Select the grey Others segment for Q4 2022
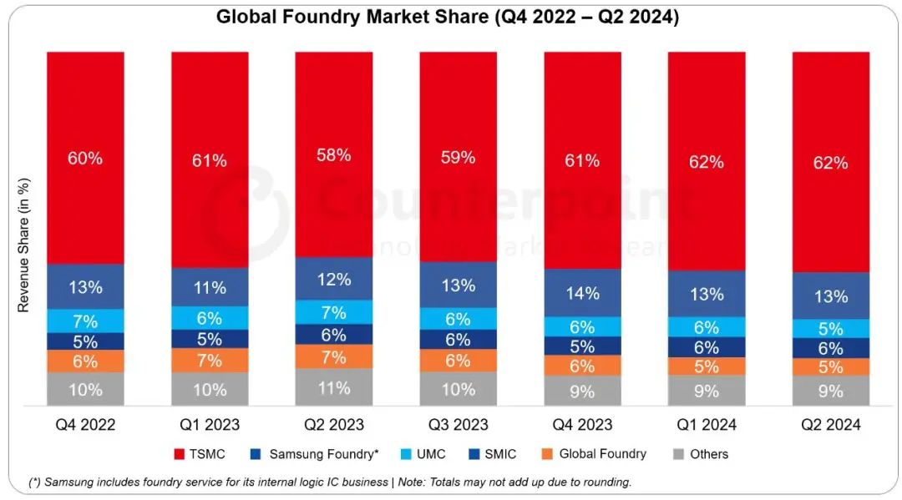pyautogui.click(x=85, y=389)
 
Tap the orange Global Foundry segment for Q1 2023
pyautogui.click(x=210, y=361)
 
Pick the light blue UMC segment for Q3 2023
pyautogui.click(x=459, y=319)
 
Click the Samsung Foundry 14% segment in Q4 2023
pyautogui.click(x=583, y=293)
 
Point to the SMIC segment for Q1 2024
pyautogui.click(x=707, y=347)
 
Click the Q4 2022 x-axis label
pyautogui.click(x=85, y=425)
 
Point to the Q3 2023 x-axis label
pyautogui.click(x=459, y=425)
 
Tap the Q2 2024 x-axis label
pyautogui.click(x=831, y=425)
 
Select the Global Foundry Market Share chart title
pyautogui.click(x=448, y=17)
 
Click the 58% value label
pyautogui.click(x=334, y=154)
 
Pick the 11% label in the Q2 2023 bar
pyautogui.click(x=334, y=388)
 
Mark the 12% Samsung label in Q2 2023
pyautogui.click(x=334, y=280)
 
